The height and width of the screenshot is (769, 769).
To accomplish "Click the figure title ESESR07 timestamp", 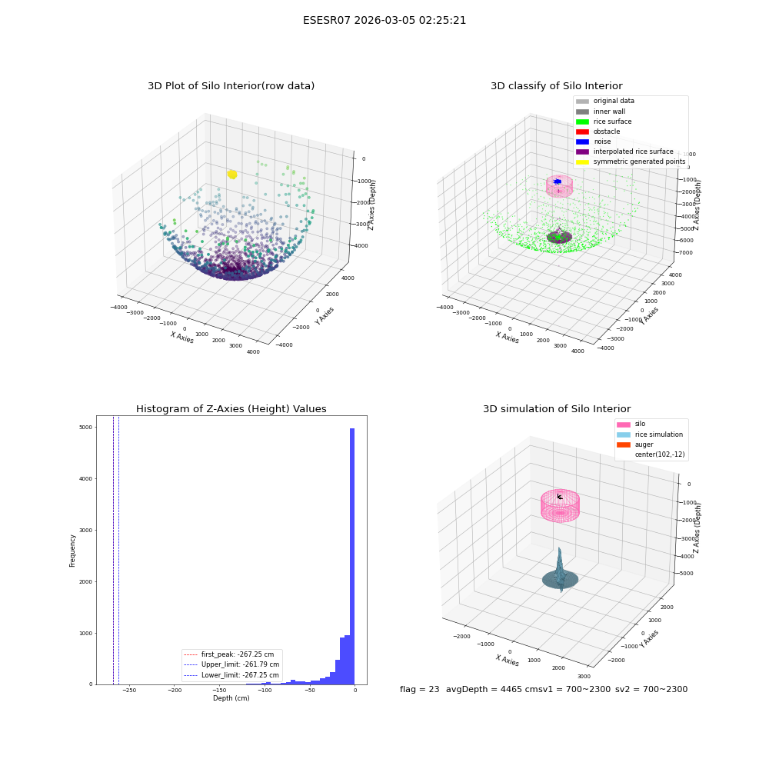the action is [384, 21].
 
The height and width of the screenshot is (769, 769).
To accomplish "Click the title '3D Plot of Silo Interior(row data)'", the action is [231, 86].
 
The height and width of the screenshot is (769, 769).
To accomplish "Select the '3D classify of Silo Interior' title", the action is [557, 86].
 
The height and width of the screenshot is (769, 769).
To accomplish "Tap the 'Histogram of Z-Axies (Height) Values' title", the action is [231, 409].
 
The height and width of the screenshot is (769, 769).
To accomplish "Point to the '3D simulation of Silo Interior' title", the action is [557, 409].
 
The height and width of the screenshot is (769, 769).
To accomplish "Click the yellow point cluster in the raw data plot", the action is [232, 175].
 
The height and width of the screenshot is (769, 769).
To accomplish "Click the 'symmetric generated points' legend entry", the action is [631, 161].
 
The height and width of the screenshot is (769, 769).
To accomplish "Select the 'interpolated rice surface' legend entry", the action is [624, 151].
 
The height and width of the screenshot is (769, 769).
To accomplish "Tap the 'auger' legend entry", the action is [635, 444].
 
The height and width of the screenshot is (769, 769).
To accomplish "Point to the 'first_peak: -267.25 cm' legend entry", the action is [228, 654].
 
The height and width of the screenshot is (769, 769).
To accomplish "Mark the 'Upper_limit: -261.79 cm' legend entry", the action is [231, 664].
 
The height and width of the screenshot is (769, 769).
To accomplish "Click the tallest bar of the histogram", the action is [352, 556].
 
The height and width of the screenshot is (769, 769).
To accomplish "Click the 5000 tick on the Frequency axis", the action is [86, 427].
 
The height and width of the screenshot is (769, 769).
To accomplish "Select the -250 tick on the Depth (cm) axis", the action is [129, 691].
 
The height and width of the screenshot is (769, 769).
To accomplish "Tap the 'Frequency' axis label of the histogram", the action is [72, 551].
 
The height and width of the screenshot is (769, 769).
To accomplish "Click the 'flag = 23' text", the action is [419, 690].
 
